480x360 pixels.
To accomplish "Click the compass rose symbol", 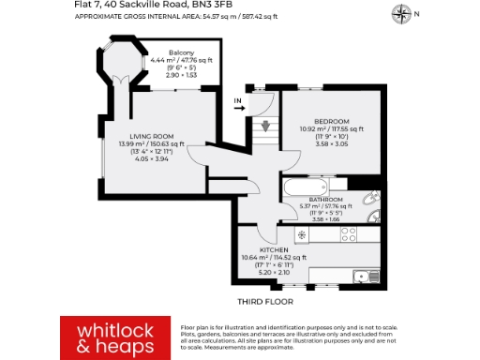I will (401, 12).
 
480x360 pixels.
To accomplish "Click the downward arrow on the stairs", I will (265, 126).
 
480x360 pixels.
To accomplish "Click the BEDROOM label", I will (331, 121).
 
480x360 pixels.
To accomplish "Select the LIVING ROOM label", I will (151, 137).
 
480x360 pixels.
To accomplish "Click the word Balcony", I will (182, 52).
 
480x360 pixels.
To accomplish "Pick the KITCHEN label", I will (274, 250).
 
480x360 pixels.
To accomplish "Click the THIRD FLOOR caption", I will (265, 302).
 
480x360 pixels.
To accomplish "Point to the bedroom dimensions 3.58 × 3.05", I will (331, 144).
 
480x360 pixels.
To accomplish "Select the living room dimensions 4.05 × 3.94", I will (151, 160).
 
